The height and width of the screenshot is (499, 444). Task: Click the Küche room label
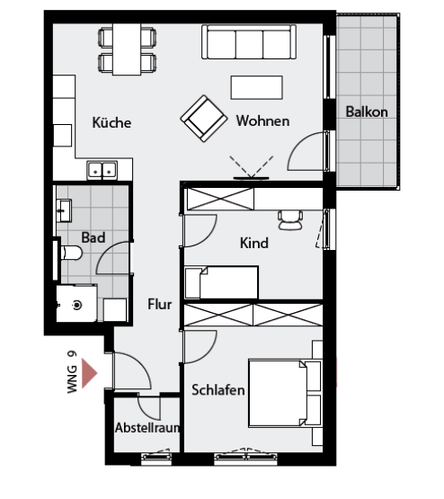click(111, 122)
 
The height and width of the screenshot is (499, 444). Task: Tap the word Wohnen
click(262, 121)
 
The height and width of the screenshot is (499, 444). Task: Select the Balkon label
click(367, 111)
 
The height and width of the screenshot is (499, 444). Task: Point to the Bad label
click(93, 237)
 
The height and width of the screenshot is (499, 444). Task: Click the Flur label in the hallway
click(160, 304)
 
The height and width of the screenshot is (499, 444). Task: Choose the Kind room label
click(254, 243)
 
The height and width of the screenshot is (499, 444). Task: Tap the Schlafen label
click(218, 390)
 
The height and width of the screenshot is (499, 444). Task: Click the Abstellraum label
click(147, 428)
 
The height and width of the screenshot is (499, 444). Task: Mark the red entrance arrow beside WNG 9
click(89, 373)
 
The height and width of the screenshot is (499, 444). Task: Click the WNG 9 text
click(72, 372)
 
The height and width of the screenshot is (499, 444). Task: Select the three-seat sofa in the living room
click(249, 42)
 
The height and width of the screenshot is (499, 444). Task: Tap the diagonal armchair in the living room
click(204, 119)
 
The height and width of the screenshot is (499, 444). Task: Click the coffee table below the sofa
click(257, 87)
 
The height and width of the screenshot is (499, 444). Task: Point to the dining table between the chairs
click(127, 49)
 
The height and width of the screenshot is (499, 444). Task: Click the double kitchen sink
click(102, 170)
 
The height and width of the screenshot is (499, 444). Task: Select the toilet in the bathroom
click(71, 253)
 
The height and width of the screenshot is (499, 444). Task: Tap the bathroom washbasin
click(64, 210)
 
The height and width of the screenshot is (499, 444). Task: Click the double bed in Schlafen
click(285, 393)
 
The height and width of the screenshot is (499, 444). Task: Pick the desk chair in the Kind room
click(290, 219)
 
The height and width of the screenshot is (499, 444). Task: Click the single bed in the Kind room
click(222, 282)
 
